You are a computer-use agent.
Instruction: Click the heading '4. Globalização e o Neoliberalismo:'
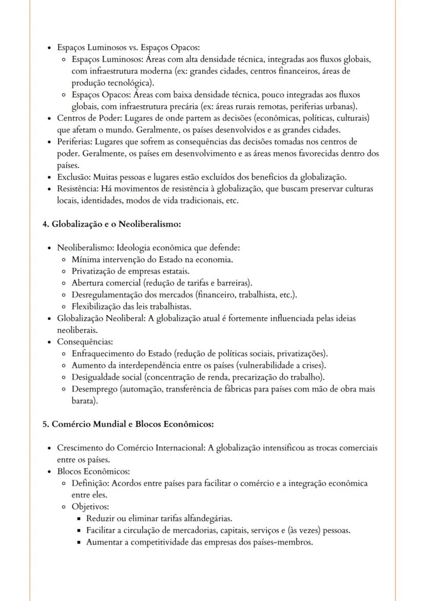coord(111,224)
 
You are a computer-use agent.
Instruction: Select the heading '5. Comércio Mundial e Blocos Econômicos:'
coord(128,424)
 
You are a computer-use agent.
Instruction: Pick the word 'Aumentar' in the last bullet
coord(104,542)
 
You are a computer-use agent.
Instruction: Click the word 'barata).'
coord(85,401)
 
